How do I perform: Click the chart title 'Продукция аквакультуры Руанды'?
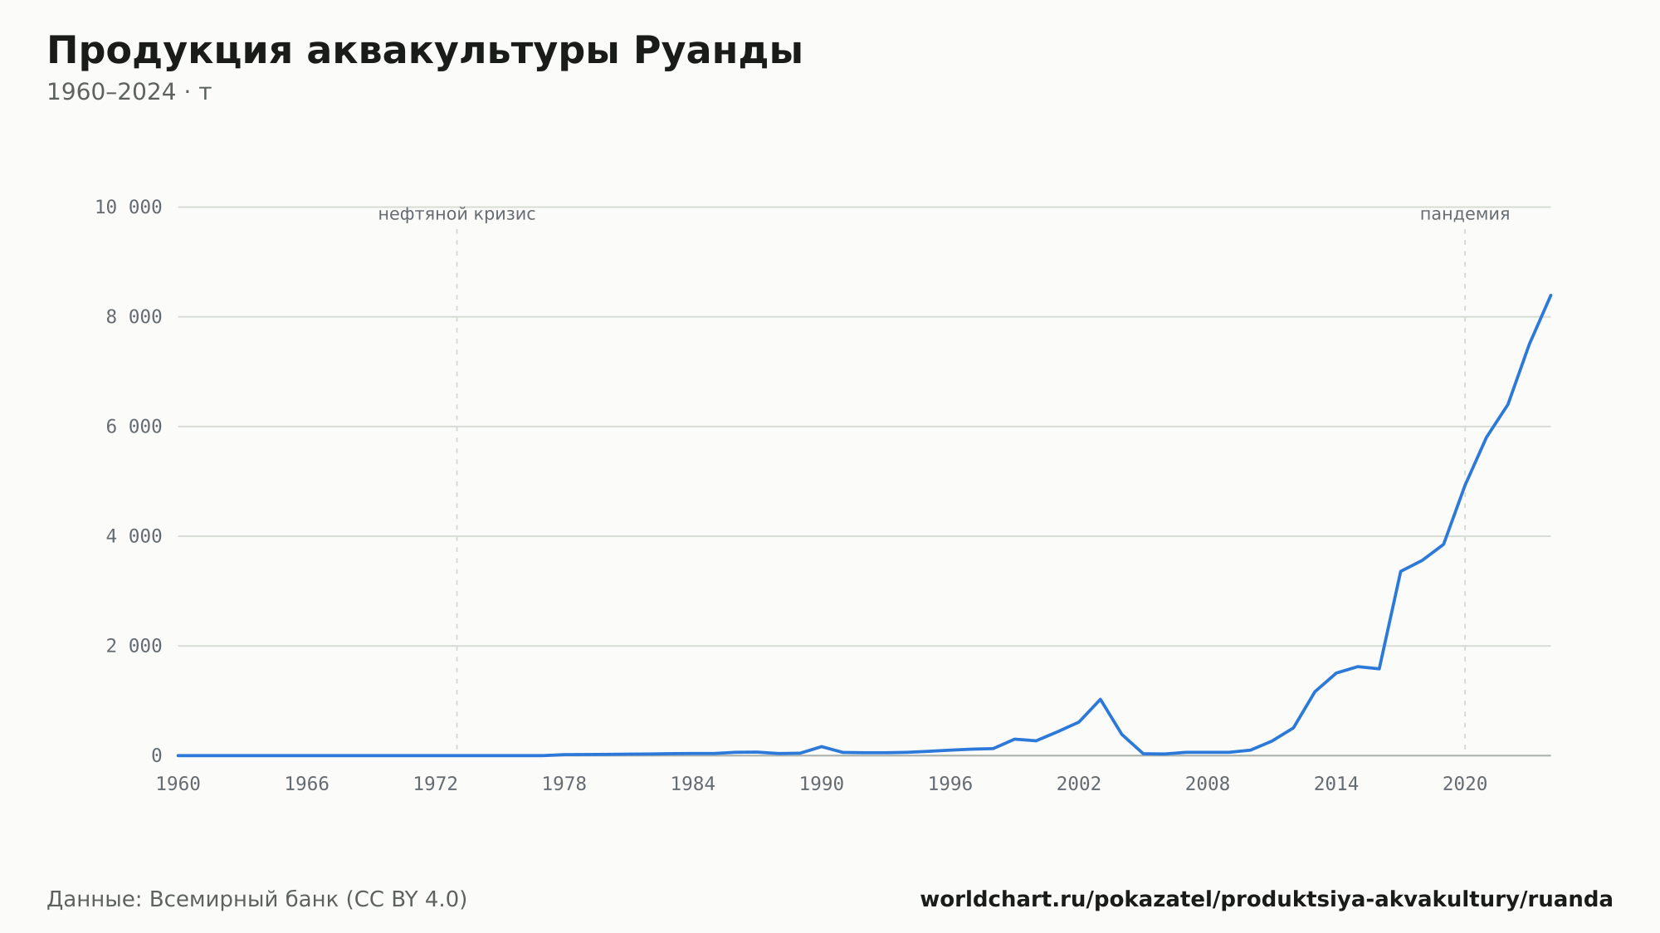(x=425, y=51)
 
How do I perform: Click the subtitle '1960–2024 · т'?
(x=129, y=92)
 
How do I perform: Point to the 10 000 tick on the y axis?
(x=129, y=208)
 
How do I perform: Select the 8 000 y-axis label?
(x=134, y=317)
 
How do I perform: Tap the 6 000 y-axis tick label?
(x=134, y=427)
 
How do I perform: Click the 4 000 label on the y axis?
(x=134, y=536)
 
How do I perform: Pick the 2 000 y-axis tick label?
(x=134, y=646)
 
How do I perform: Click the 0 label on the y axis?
(x=157, y=755)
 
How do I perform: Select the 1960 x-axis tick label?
(x=178, y=784)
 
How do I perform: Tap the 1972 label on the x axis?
(x=436, y=784)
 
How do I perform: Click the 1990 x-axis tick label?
(x=822, y=784)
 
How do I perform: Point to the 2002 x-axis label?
(x=1079, y=784)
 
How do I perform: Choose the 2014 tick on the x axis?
(x=1336, y=784)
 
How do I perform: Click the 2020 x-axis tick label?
(x=1465, y=784)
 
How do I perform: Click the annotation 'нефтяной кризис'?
(x=457, y=214)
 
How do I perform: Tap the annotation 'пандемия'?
(x=1465, y=214)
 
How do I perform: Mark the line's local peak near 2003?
(x=1101, y=699)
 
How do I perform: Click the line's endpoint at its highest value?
(x=1550, y=295)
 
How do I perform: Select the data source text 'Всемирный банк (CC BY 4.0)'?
(x=308, y=900)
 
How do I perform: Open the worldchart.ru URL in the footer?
(x=1267, y=900)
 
